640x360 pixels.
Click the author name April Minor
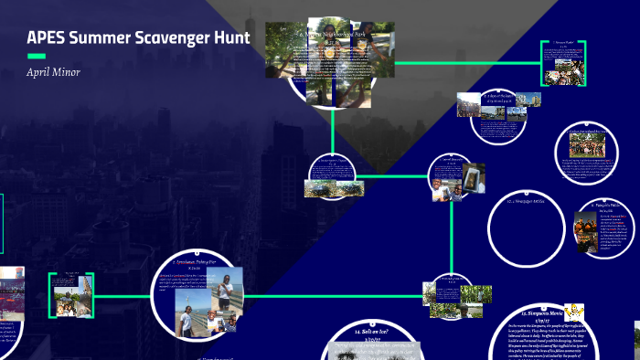pos(53,71)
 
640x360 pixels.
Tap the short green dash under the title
pos(37,57)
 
